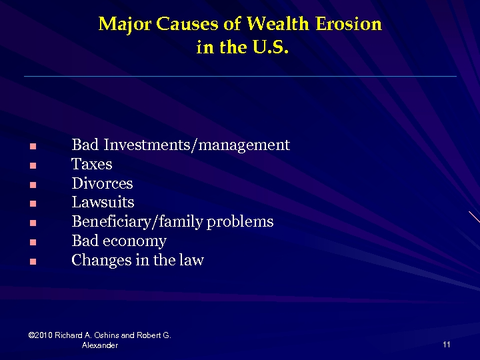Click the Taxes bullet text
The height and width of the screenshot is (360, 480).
[x=91, y=164]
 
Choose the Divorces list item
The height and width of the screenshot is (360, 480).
[x=102, y=183]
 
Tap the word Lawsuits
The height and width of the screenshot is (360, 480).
[x=103, y=202]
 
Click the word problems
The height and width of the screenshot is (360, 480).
[x=240, y=221]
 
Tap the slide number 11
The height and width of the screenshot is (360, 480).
[x=446, y=345]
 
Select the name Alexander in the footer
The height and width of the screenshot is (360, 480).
[x=99, y=345]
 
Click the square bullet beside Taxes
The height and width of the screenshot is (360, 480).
[x=31, y=165]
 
